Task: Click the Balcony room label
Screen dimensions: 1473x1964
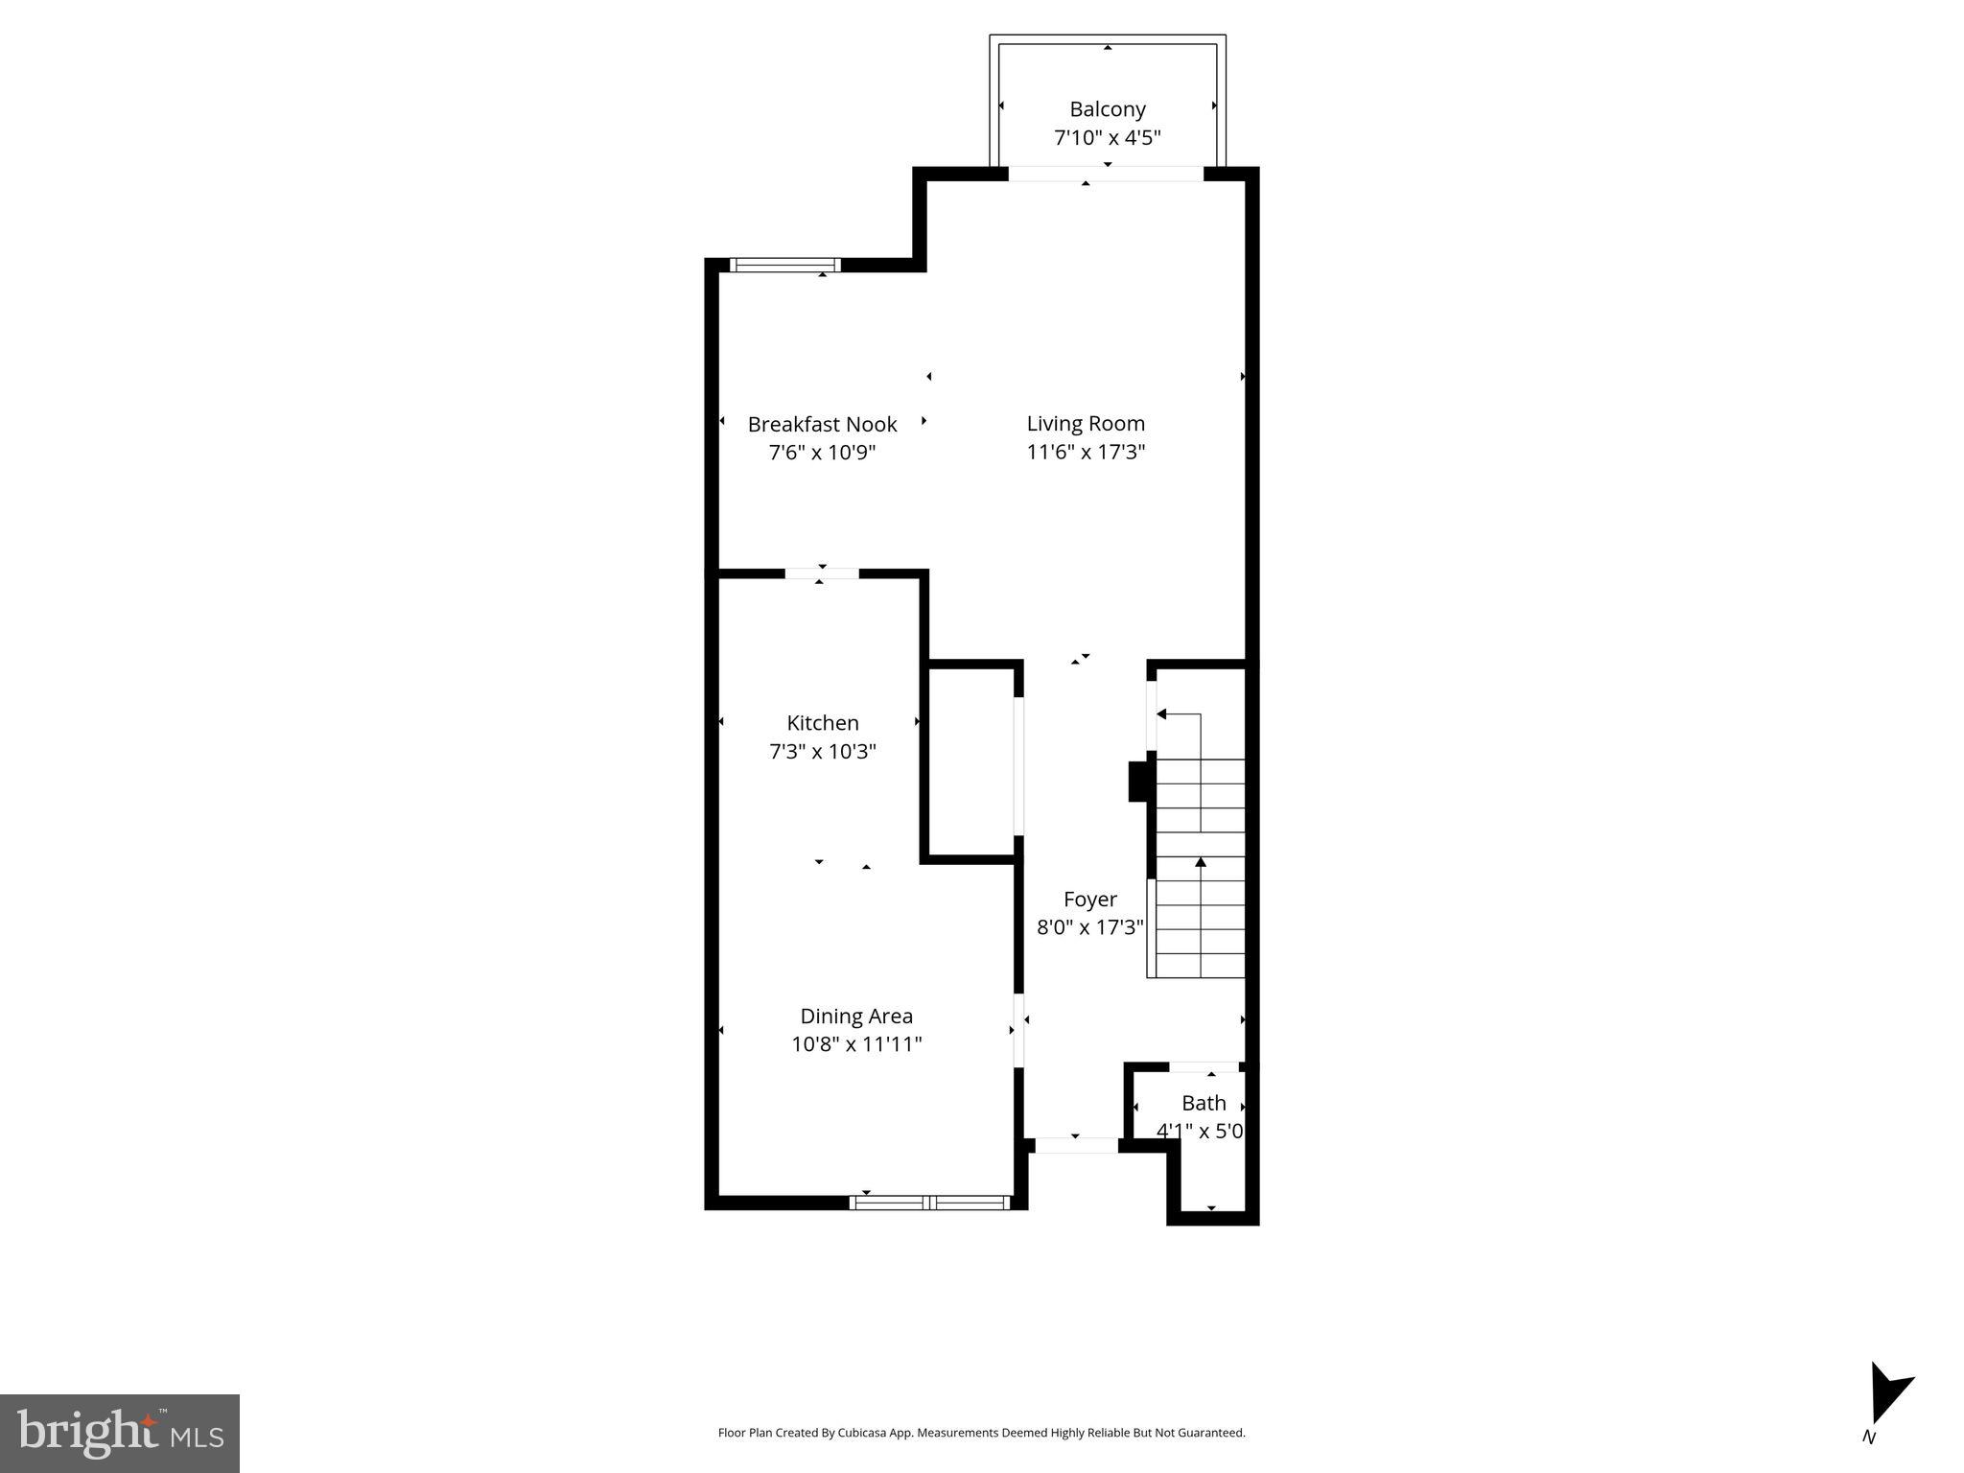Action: tap(1107, 109)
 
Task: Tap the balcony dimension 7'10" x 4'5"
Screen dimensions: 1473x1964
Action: tap(1107, 137)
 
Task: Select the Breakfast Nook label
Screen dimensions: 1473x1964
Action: tap(822, 424)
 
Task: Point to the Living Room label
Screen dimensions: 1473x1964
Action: tap(1086, 423)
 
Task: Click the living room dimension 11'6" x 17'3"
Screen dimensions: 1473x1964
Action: tap(1086, 452)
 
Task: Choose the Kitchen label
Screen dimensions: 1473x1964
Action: tap(822, 723)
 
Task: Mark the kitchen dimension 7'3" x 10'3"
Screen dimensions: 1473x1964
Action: tap(822, 751)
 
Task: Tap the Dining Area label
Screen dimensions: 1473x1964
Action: tap(856, 1016)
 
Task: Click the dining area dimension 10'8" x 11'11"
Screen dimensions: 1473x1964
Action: tap(856, 1043)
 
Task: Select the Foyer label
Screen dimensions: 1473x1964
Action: tap(1089, 900)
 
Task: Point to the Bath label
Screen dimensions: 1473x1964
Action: tap(1204, 1103)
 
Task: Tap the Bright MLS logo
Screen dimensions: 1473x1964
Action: tap(120, 1433)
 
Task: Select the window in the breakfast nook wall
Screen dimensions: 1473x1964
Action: tap(784, 265)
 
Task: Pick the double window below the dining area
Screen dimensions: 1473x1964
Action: tap(930, 1203)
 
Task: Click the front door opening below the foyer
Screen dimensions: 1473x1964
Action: tap(1076, 1145)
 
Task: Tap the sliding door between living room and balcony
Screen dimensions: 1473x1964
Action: tap(1106, 174)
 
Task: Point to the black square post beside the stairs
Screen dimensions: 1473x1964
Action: tap(1140, 781)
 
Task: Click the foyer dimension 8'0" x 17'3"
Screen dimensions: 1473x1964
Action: tap(1089, 927)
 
